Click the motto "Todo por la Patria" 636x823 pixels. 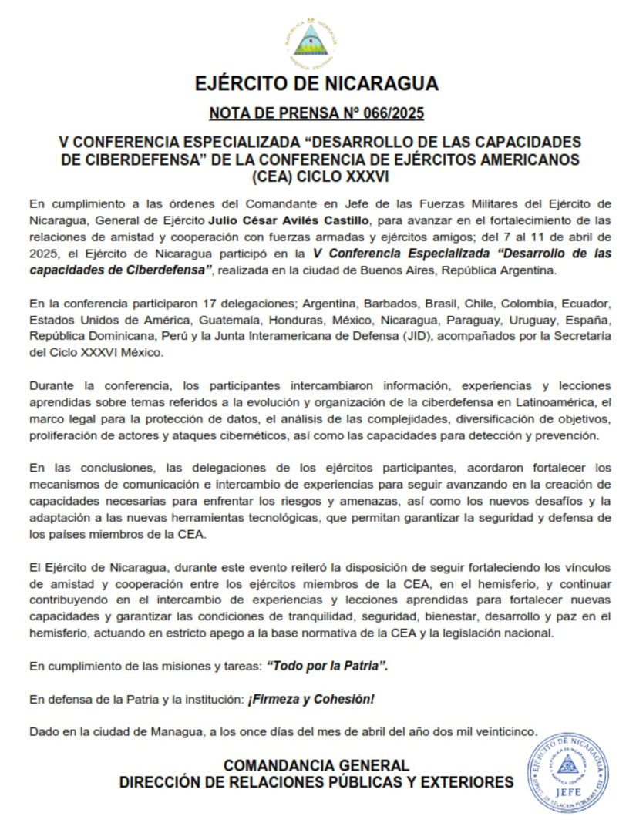pyautogui.click(x=327, y=665)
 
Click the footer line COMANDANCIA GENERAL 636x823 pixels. pyautogui.click(x=316, y=766)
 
